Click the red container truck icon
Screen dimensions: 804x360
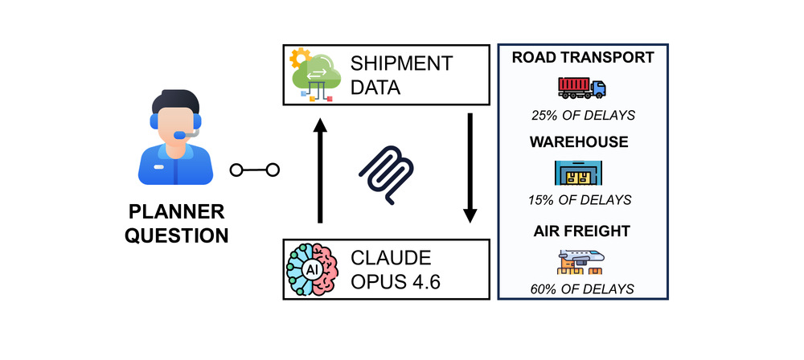tap(581, 88)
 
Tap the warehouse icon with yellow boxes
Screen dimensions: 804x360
tap(578, 173)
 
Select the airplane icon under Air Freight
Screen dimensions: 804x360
tap(580, 262)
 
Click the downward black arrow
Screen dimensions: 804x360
tap(470, 168)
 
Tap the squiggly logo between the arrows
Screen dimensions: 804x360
tap(386, 175)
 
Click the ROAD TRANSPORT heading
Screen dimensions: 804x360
tap(583, 57)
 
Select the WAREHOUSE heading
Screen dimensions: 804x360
tap(579, 141)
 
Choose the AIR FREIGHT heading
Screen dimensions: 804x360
tap(581, 231)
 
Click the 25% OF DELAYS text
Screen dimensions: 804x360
tap(583, 116)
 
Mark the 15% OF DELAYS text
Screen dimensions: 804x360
tap(580, 199)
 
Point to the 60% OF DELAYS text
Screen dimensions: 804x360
tap(582, 288)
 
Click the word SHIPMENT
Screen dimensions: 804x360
tap(401, 63)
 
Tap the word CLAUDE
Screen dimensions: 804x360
tap(391, 258)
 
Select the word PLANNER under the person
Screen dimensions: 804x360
tap(176, 212)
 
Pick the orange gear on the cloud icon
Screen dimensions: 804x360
tap(298, 57)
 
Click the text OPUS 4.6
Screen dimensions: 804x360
tap(396, 282)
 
